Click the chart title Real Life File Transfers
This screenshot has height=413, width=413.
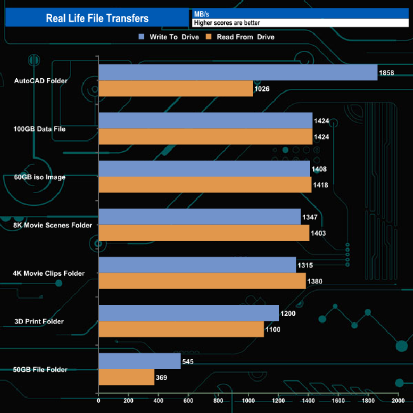97,18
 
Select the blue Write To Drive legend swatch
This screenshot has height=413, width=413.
142,37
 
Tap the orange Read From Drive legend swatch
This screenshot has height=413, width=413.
208,37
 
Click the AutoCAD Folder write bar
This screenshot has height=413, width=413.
238,72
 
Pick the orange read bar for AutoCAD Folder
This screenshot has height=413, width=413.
175,88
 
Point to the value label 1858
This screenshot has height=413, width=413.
386,72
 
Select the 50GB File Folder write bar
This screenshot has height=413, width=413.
140,362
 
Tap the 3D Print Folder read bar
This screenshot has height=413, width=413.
181,329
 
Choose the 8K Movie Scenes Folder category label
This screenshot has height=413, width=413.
53,225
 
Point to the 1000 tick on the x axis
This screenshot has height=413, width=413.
248,401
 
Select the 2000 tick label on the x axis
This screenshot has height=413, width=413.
398,401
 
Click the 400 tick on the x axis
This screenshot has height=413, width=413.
158,401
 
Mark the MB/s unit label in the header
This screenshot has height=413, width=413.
203,13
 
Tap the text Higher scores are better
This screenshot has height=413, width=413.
227,23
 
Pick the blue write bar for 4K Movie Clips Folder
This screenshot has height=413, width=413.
197,265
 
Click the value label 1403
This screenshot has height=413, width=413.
320,233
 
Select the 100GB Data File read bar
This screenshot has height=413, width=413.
205,137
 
